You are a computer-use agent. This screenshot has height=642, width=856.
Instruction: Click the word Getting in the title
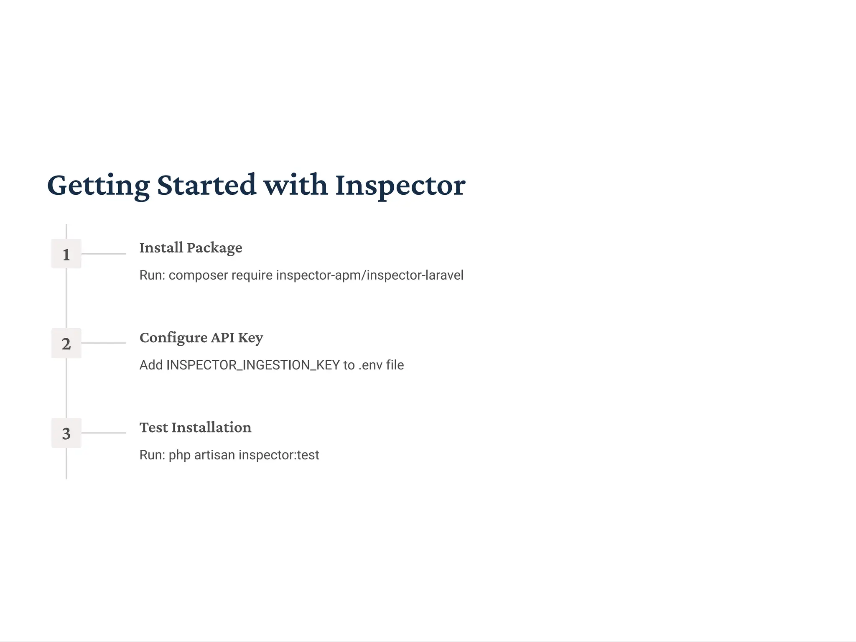pos(98,185)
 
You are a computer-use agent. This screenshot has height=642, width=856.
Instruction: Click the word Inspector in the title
pos(400,185)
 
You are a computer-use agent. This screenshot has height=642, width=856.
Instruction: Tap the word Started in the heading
pos(206,185)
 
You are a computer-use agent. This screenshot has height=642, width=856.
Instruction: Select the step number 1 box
pos(66,254)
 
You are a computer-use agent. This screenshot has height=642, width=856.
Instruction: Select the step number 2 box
pos(66,344)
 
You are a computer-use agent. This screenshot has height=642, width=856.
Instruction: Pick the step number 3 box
pos(66,433)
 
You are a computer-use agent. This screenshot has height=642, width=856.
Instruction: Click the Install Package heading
pos(191,248)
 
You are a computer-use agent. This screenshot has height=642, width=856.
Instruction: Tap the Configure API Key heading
pos(201,338)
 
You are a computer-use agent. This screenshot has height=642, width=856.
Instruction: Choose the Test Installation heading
pos(195,428)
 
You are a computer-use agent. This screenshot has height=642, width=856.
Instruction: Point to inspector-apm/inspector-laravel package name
pos(369,275)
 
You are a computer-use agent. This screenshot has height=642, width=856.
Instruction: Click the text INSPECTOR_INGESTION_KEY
pos(253,365)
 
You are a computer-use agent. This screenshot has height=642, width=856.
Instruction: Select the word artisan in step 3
pos(214,455)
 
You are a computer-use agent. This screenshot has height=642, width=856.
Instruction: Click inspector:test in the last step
pos(279,455)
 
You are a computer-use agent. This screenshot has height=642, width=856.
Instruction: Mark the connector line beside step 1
pos(104,254)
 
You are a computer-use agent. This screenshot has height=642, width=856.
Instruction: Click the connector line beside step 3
pos(104,433)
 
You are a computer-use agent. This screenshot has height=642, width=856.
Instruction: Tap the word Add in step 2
pos(151,365)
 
